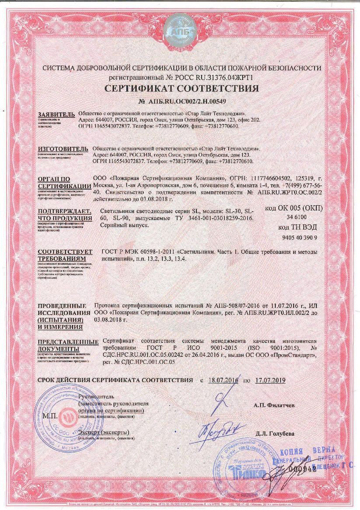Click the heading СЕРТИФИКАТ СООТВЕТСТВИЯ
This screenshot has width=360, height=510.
[x=181, y=89]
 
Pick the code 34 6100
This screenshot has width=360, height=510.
[x=296, y=217]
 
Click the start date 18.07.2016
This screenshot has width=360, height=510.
[x=223, y=380]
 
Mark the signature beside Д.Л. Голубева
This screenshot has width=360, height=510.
[x=217, y=429]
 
